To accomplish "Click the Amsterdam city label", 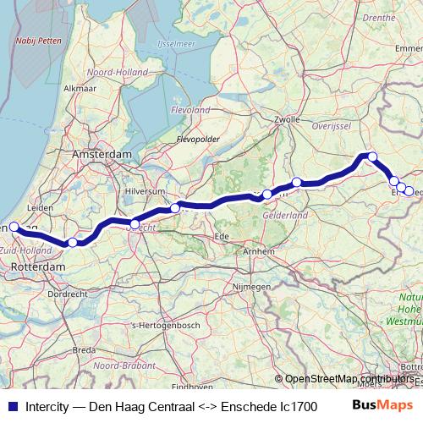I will click(x=102, y=155).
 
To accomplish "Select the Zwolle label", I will click(x=287, y=120).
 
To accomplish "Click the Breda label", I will click(x=84, y=349).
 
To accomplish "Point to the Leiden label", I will click(x=40, y=207).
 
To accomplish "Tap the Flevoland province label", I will click(x=190, y=110).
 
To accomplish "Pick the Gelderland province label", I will click(x=285, y=216).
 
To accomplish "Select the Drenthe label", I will click(x=378, y=17).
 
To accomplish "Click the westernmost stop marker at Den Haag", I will click(x=14, y=227).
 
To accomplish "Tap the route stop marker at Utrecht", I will click(x=135, y=224).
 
